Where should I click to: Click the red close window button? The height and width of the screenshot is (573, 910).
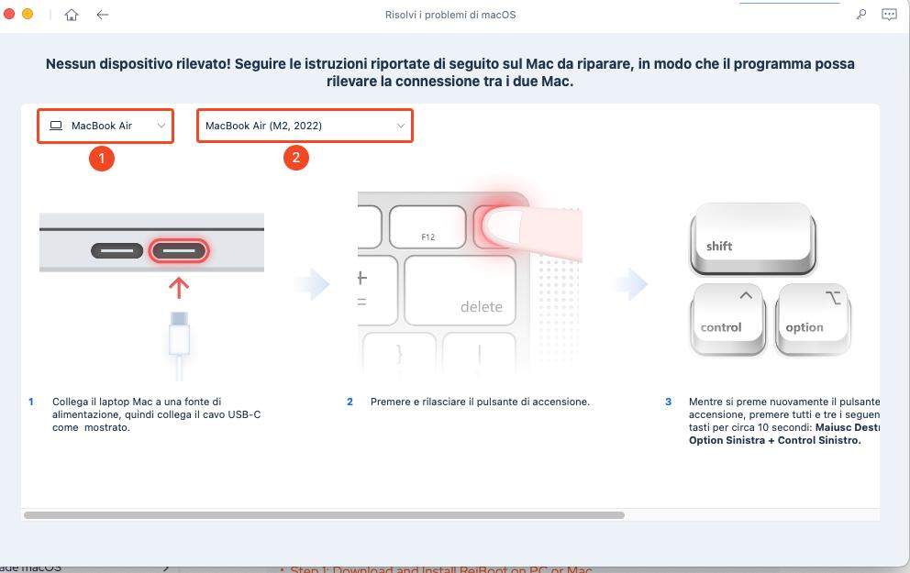[x=10, y=15]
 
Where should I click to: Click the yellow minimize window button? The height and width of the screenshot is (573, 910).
[x=28, y=15]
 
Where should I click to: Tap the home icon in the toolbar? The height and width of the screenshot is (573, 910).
[x=72, y=15]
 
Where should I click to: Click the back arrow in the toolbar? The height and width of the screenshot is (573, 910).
[x=103, y=15]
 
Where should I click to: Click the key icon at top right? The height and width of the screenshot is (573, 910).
[x=860, y=15]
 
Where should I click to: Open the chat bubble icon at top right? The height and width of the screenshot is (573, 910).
[x=888, y=15]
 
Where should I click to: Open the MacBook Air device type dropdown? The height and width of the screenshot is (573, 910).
[x=105, y=126]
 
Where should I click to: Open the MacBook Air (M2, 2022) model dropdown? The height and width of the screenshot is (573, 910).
[x=305, y=126]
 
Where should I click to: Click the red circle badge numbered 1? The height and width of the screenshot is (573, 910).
[x=102, y=158]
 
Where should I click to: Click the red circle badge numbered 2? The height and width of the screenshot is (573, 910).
[x=295, y=158]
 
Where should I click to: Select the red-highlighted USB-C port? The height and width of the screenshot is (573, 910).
[x=180, y=249]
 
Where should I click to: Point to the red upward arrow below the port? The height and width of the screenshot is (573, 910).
[x=180, y=287]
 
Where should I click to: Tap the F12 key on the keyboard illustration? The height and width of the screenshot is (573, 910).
[x=427, y=229]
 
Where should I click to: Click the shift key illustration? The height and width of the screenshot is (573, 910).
[x=752, y=239]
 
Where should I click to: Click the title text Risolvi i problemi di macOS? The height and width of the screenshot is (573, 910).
[x=456, y=15]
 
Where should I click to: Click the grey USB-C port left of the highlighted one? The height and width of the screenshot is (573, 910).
[x=117, y=249]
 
